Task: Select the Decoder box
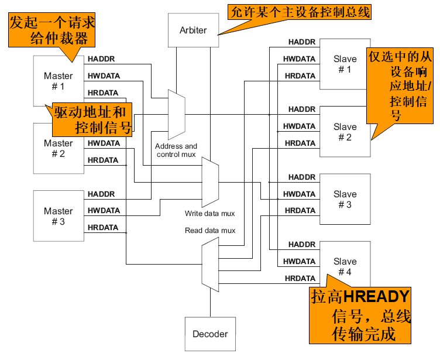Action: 210,334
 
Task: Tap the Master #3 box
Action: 59,215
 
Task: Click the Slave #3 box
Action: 345,199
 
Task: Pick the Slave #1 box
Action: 345,64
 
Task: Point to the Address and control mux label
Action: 176,150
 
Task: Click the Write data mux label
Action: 209,214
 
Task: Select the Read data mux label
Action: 210,231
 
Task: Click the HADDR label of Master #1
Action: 101,59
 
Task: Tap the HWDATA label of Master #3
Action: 104,211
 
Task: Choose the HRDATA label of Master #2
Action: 103,160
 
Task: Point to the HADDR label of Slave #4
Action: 302,245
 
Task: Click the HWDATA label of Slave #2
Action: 299,126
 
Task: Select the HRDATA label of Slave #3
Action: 300,211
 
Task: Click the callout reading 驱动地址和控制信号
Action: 90,119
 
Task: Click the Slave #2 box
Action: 345,132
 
